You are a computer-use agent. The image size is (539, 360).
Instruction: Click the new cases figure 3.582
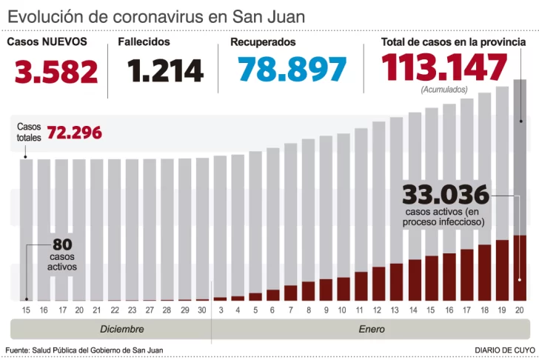point(57,72)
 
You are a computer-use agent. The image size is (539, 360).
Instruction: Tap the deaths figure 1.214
point(165,71)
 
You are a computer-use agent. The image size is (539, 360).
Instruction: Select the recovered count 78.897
point(292,70)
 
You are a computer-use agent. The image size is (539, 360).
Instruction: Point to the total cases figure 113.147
point(444,68)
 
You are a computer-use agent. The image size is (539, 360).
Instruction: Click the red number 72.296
point(74,133)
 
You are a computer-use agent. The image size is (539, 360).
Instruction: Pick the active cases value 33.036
point(446,195)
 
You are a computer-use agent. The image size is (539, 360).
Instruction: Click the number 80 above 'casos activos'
point(61,244)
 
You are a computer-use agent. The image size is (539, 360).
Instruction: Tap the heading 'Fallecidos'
point(144,42)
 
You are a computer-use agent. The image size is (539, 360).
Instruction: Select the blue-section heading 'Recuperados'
point(263,42)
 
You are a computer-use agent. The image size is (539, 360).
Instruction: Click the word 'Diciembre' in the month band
point(122,329)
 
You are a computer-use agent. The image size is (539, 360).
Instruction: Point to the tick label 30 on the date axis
point(202,310)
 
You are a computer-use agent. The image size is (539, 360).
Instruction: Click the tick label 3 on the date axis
point(220,310)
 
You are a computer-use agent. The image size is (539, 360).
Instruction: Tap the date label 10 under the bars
point(343,310)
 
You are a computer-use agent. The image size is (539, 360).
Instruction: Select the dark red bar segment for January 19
point(502,270)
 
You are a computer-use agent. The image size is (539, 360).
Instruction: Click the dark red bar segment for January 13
point(396,281)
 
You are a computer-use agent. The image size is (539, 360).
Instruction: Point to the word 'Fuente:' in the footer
point(19,350)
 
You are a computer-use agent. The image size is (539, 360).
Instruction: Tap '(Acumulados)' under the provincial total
point(444,90)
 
